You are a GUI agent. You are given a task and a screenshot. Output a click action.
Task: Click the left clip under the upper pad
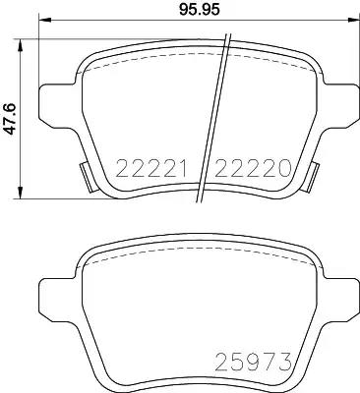coord(86,178)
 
